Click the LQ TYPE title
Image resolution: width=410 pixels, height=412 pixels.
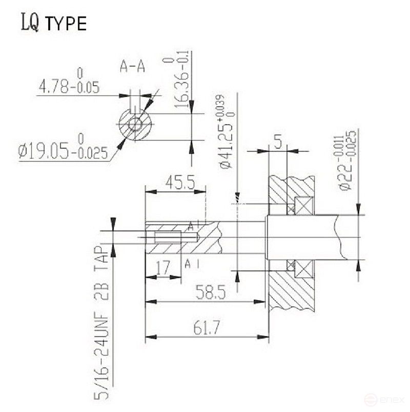coord(54,23)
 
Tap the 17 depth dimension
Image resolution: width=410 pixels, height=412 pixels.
coord(163,267)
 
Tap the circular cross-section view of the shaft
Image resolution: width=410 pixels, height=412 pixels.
coord(136,124)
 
